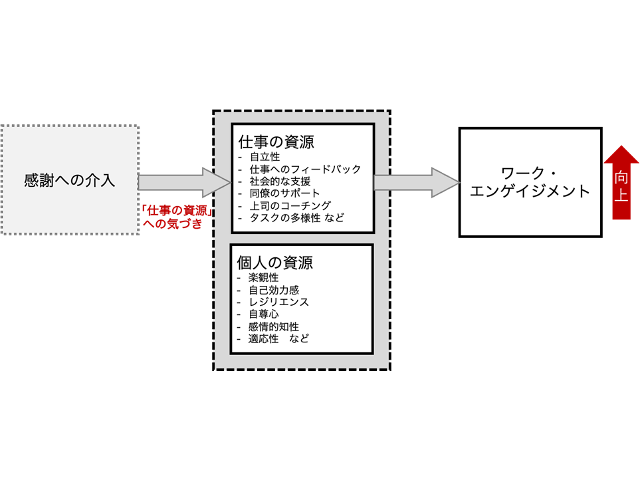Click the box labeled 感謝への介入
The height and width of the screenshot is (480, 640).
coord(70,180)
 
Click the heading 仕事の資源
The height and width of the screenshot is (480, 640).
coord(276,142)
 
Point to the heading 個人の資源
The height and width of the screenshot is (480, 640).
coord(276,262)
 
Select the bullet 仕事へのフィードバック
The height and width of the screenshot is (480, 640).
coord(305,170)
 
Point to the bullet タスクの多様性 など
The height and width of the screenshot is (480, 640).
coord(296,217)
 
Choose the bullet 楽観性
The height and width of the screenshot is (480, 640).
coord(264,278)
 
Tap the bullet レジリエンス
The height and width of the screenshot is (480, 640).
coord(278,302)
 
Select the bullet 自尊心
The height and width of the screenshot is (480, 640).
coord(264,314)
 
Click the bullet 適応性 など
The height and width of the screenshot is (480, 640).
coord(278,338)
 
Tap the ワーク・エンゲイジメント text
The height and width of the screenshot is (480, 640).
coord(530,182)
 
